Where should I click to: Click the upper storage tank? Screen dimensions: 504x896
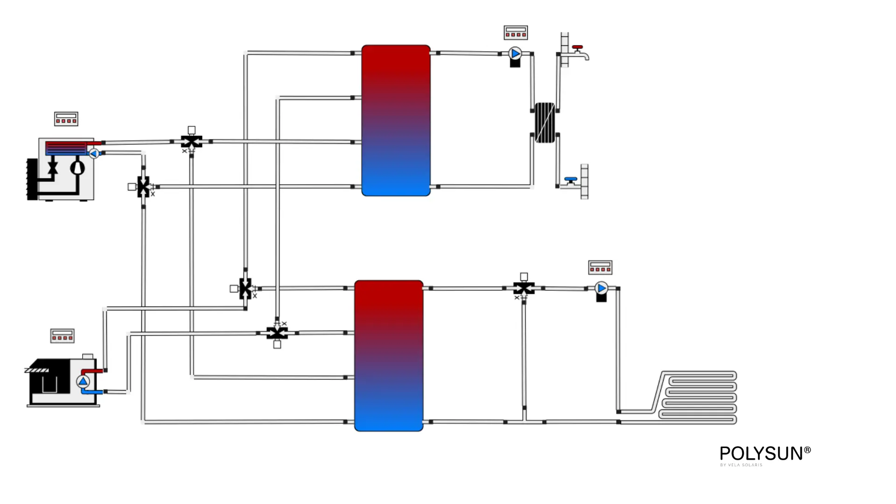click(x=396, y=120)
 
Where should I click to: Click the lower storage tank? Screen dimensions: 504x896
click(x=389, y=356)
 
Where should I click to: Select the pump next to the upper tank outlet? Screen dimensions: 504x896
click(x=515, y=54)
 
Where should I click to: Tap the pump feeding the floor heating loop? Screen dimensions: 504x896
click(x=602, y=289)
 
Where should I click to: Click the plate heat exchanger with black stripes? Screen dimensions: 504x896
click(x=545, y=123)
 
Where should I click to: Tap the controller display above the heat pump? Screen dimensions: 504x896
click(x=66, y=119)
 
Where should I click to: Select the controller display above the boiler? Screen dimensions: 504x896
click(x=62, y=336)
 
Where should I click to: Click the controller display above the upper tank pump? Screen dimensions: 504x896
click(x=516, y=33)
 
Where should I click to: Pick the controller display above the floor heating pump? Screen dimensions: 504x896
click(x=600, y=267)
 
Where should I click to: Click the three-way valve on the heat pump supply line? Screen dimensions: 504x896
click(x=191, y=141)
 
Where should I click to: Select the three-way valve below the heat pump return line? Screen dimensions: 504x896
click(x=143, y=187)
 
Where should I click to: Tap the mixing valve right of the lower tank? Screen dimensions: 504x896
click(x=524, y=288)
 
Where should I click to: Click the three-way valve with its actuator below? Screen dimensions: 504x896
click(x=277, y=333)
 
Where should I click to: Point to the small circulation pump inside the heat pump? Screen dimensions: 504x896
click(x=94, y=153)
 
